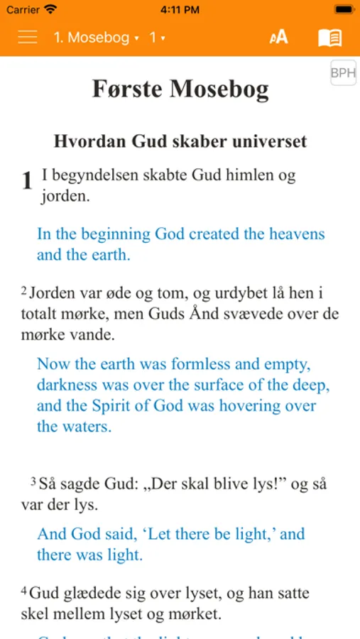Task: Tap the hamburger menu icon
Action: (x=28, y=37)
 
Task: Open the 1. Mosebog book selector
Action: (x=96, y=38)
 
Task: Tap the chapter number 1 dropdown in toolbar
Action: (x=157, y=38)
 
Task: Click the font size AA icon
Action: (x=278, y=37)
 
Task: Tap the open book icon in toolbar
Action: (x=329, y=38)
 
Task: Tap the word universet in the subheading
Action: (x=269, y=141)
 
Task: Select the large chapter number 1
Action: (x=27, y=181)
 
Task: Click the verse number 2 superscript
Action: (x=23, y=290)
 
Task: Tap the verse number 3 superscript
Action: (x=33, y=482)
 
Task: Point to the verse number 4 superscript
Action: (x=23, y=591)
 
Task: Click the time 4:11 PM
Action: (x=180, y=10)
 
